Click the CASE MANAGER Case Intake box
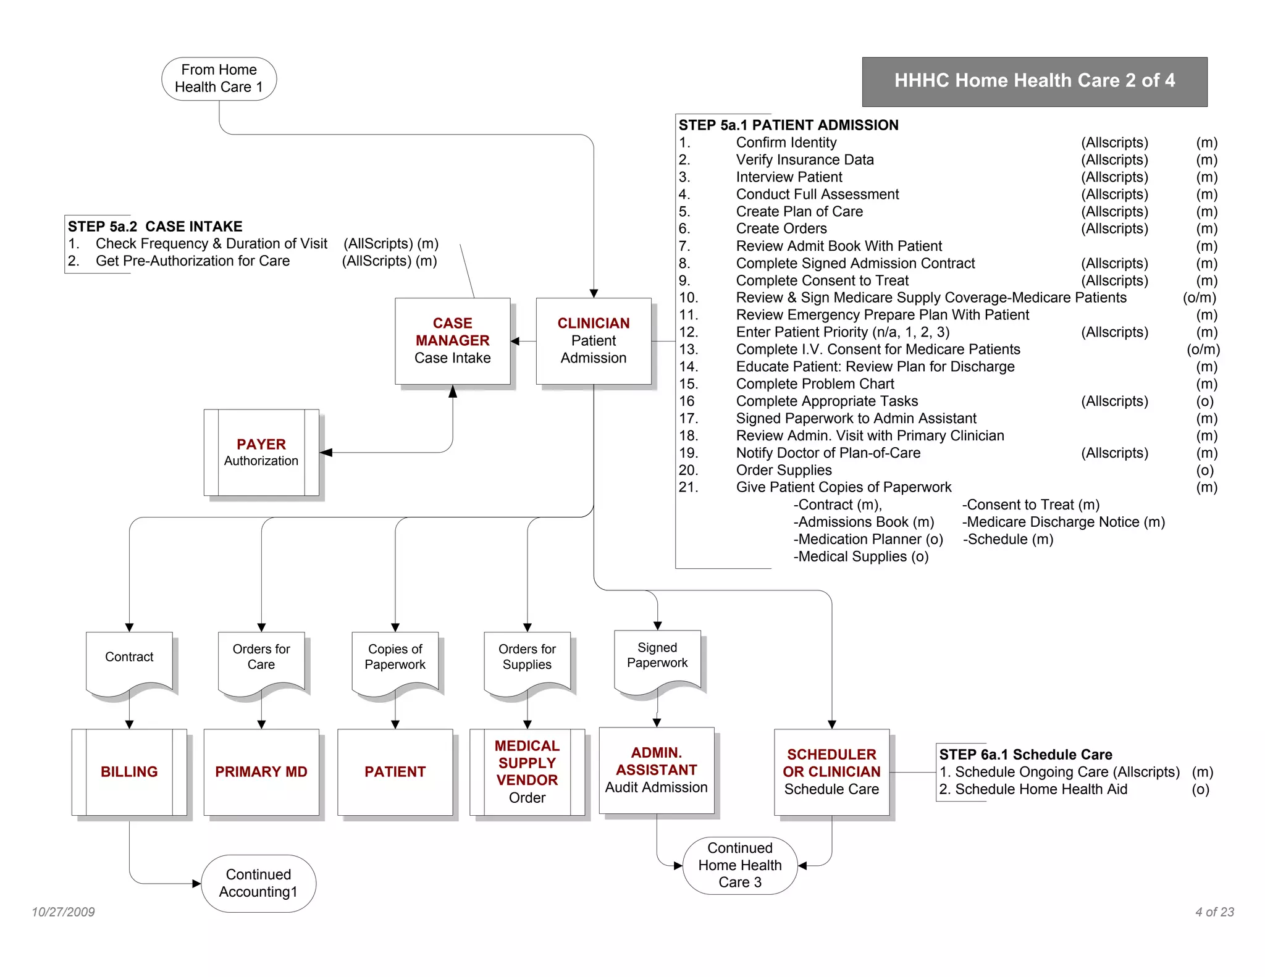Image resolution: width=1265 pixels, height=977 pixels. point(452,341)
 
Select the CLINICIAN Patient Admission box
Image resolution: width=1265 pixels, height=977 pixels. point(593,341)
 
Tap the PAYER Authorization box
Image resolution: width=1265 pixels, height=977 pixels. point(261,452)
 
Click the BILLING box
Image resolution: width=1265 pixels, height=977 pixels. point(129,772)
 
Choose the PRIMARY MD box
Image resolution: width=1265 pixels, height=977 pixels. point(261,772)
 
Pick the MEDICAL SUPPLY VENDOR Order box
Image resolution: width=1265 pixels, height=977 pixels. point(527,772)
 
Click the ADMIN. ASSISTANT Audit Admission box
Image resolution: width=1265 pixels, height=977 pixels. point(657,770)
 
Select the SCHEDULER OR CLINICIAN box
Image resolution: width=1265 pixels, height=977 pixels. point(831,772)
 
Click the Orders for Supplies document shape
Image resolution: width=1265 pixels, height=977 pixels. point(527,660)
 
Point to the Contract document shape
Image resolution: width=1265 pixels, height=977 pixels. point(129,660)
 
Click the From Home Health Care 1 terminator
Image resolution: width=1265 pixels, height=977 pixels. point(219,78)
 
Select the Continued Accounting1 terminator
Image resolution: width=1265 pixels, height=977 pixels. point(258,883)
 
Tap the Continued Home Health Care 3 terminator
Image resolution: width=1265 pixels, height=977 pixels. point(740,865)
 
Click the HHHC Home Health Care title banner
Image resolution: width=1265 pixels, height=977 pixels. point(1035,82)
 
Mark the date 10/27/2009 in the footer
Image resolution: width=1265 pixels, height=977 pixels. point(63,912)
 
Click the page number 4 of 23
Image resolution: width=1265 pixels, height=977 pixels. point(1214,912)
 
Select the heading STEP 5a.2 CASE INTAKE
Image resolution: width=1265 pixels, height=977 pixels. point(155,227)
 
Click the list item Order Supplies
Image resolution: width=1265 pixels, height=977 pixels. point(783,470)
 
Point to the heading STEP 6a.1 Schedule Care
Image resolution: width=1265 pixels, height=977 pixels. point(1025,755)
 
